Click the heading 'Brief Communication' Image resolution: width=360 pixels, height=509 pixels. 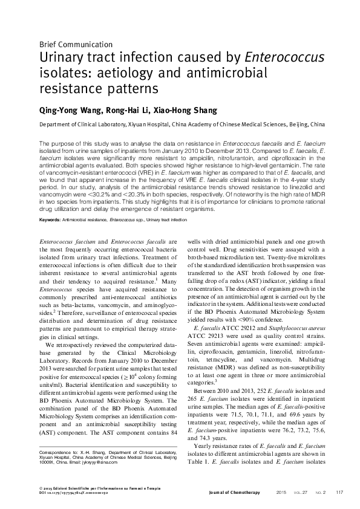click(x=76, y=44)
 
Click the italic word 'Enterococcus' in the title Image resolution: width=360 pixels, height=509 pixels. click(x=284, y=58)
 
